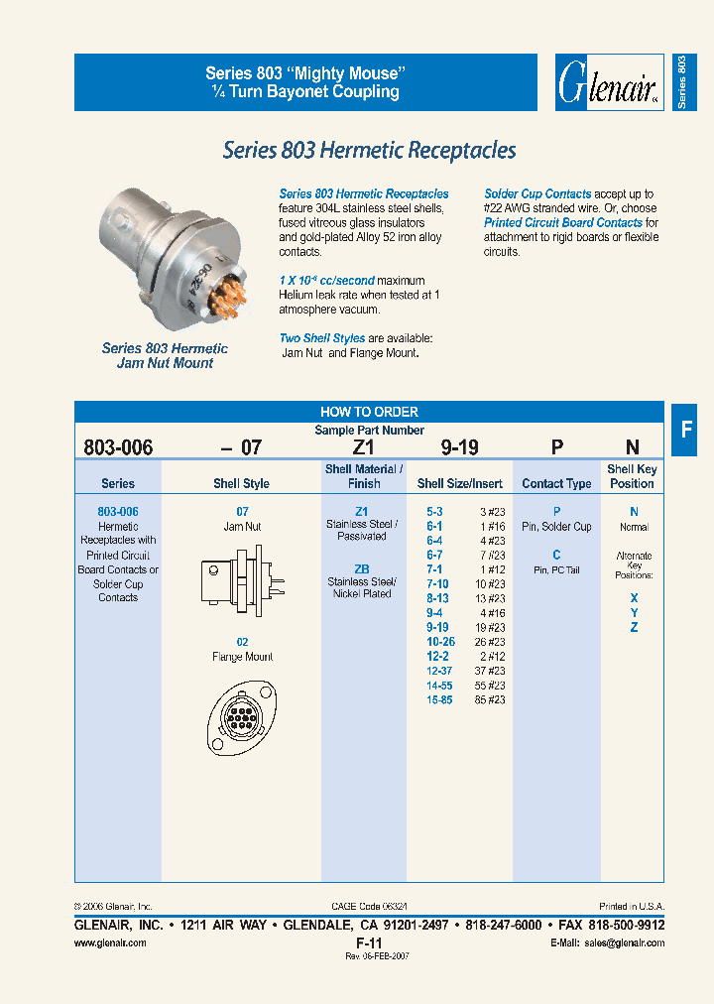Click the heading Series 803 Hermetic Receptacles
click(369, 150)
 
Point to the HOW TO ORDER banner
click(369, 412)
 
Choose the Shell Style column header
click(241, 484)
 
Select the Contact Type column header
click(556, 484)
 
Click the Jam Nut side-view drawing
click(241, 584)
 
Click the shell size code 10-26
click(440, 642)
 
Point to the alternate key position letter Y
click(634, 613)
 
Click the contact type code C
click(556, 555)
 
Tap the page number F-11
click(369, 941)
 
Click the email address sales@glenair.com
click(623, 942)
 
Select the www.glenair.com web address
click(111, 942)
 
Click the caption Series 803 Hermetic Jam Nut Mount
click(165, 355)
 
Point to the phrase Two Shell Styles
click(321, 338)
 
